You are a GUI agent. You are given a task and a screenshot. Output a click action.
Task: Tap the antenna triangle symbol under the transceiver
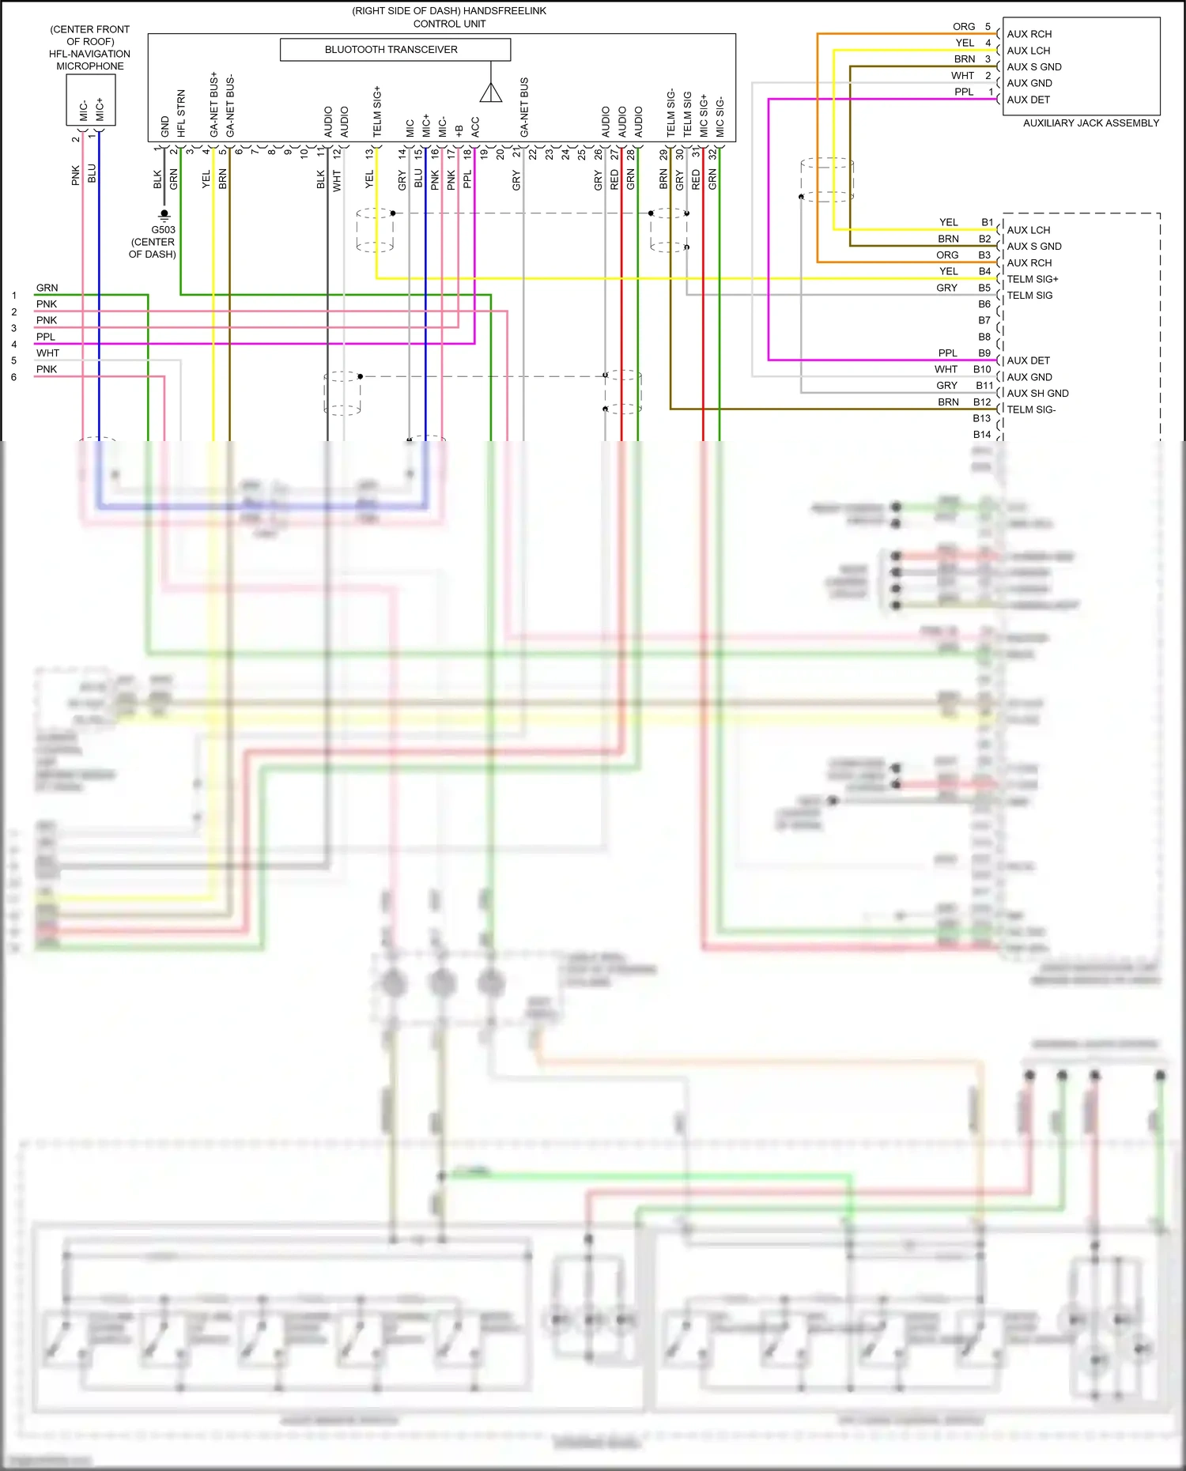(491, 93)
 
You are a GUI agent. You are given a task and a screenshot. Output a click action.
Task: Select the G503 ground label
(163, 230)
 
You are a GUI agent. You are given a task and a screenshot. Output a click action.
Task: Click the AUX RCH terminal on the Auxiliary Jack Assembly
(1029, 34)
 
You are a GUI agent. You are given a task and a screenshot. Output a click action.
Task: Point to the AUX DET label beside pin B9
(1028, 360)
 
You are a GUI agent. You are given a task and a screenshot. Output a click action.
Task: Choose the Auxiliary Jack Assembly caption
(1090, 123)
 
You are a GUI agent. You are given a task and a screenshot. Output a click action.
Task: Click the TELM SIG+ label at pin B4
(1032, 279)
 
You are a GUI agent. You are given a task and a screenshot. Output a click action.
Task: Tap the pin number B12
(982, 402)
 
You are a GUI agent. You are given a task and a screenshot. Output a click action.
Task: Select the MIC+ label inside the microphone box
(100, 109)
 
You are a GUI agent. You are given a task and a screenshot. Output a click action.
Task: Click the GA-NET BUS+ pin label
(213, 104)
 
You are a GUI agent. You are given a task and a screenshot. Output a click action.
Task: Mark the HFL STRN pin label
(181, 113)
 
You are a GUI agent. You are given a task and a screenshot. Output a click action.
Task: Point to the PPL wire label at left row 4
(46, 337)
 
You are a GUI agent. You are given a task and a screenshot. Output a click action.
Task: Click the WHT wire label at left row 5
(47, 353)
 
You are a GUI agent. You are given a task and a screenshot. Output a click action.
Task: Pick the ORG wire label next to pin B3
(947, 255)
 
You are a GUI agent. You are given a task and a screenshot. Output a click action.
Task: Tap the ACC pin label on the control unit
(475, 126)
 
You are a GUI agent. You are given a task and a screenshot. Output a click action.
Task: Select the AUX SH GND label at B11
(1037, 394)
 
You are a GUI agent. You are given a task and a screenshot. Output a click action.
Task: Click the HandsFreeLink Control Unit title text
(449, 17)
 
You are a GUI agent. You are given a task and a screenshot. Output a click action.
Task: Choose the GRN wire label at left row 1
(47, 288)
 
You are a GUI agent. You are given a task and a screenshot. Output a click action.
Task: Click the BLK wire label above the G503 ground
(157, 179)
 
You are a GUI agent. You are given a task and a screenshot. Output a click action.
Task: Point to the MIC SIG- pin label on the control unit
(720, 116)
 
